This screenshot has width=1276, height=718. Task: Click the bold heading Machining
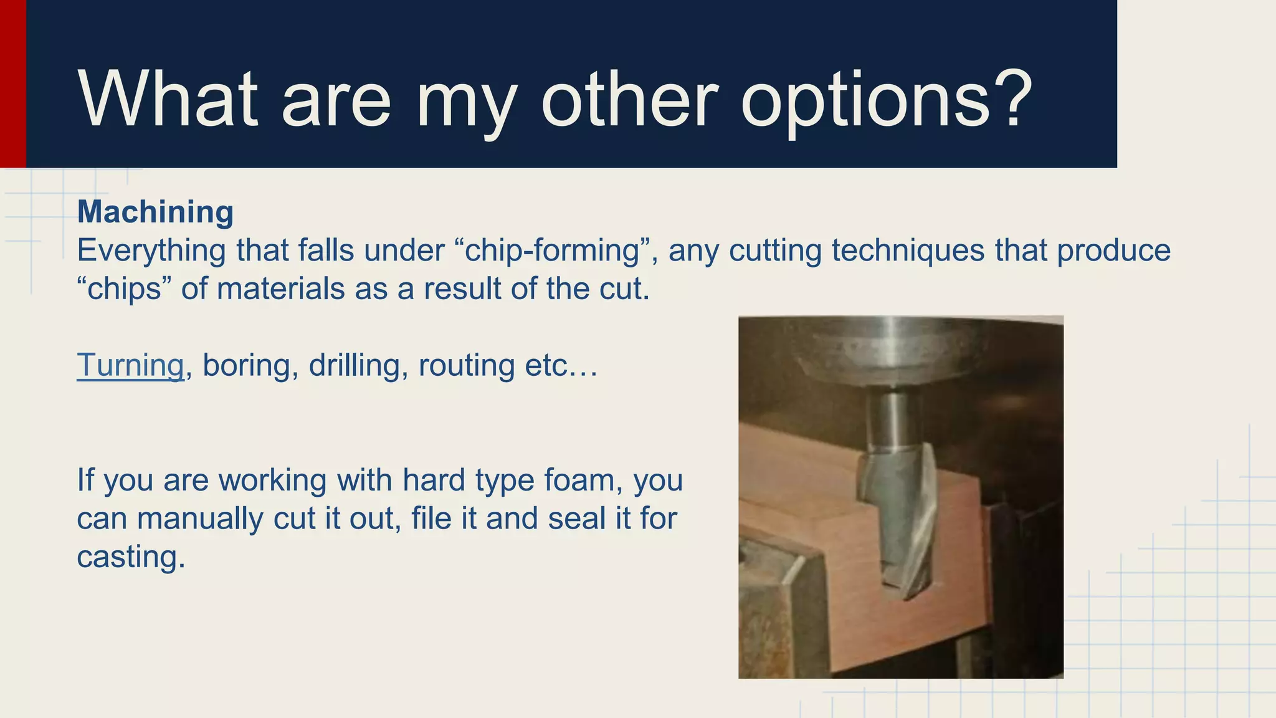click(155, 212)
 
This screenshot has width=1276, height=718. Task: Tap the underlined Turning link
click(130, 365)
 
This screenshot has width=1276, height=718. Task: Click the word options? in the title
click(886, 101)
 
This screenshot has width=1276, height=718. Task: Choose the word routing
click(466, 365)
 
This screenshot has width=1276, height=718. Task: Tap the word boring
click(246, 365)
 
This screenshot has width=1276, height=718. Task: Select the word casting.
click(130, 557)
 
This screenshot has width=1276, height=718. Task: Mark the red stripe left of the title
click(12, 84)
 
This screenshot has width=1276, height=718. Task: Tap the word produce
click(1113, 251)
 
